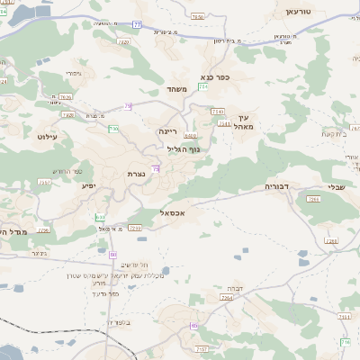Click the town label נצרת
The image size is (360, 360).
click(137, 174)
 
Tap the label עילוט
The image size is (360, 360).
click(49, 136)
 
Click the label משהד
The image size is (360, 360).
click(175, 90)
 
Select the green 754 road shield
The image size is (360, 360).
click(203, 86)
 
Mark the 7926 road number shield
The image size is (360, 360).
click(65, 96)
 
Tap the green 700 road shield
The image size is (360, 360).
click(114, 129)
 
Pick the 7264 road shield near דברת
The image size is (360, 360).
click(226, 297)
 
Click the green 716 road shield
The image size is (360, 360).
click(345, 341)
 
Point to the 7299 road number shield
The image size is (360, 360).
click(135, 229)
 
